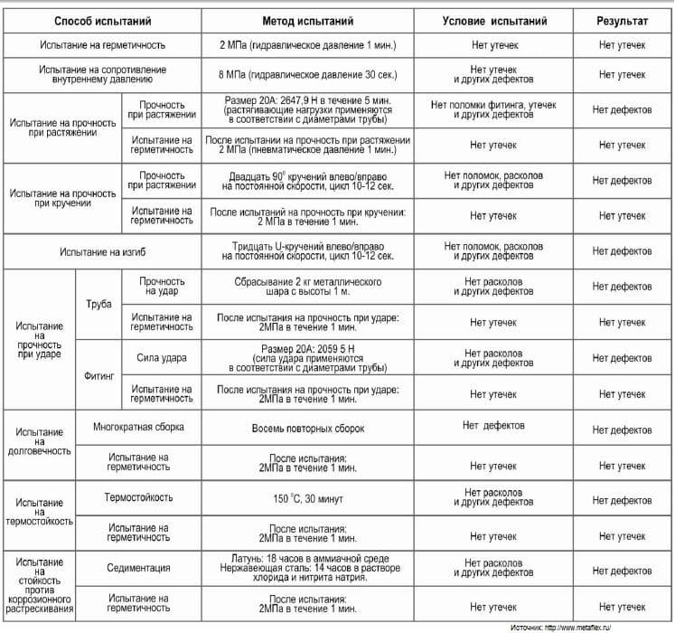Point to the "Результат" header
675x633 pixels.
click(623, 20)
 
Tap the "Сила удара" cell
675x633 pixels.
click(163, 358)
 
